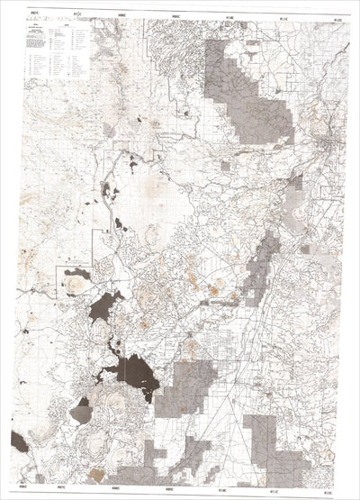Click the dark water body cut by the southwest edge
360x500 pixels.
point(19,441)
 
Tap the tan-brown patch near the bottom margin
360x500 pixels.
point(96,475)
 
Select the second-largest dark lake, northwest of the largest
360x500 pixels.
point(105,306)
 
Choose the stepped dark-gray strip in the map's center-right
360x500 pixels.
point(260,270)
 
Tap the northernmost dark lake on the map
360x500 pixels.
point(133,164)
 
